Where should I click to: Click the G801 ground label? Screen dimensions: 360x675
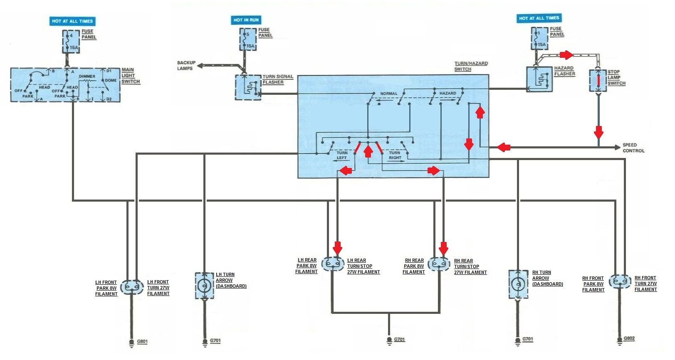[142, 342]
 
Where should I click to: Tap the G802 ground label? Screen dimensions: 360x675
[629, 338]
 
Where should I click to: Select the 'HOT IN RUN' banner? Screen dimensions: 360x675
[246, 20]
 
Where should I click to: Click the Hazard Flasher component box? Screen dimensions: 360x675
[539, 79]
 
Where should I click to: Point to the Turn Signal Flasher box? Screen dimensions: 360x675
[248, 87]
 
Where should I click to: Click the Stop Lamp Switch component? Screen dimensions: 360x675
[598, 81]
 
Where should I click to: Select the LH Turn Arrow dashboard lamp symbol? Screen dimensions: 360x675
[204, 286]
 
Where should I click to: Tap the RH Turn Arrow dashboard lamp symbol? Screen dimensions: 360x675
[518, 284]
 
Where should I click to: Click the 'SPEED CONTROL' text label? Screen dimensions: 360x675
[633, 148]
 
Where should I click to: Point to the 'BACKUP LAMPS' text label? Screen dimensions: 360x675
[186, 66]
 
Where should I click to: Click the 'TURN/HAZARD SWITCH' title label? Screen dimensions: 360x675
[471, 67]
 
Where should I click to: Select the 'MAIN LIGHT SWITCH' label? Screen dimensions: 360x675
[131, 76]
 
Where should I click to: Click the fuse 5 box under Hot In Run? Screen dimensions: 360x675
[248, 39]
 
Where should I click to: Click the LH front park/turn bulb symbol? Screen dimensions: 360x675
[132, 287]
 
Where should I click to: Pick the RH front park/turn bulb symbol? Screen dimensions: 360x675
[620, 281]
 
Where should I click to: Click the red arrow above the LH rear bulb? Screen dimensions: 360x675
[337, 248]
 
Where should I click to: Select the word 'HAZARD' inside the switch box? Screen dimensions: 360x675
[448, 93]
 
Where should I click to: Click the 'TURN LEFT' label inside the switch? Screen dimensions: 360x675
[342, 155]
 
